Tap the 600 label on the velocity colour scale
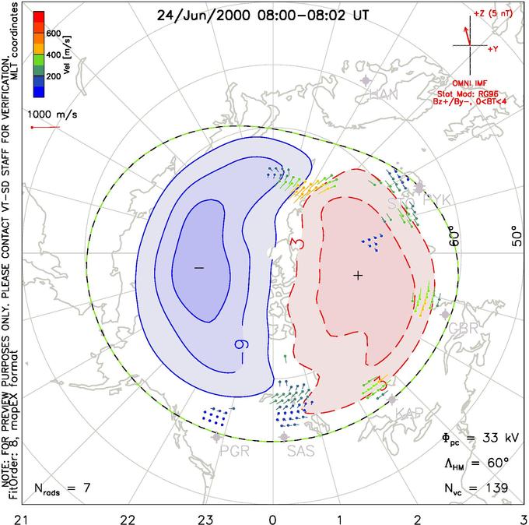tap(54, 33)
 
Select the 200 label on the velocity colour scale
tap(54, 77)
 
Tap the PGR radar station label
tap(235, 449)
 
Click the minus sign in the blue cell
tap(198, 267)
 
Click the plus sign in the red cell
tap(358, 275)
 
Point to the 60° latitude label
tap(460, 234)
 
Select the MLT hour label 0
tap(272, 517)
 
